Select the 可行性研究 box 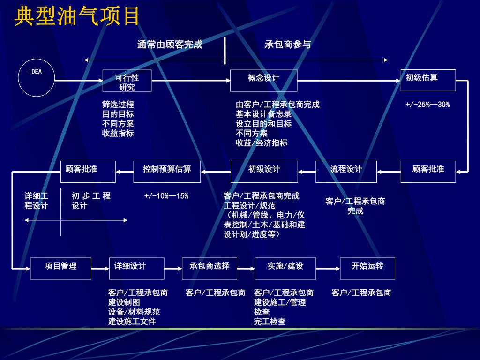point(127,81)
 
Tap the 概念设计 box point(263,81)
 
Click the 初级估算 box point(428,80)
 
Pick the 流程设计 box point(346,172)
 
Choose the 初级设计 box point(264,172)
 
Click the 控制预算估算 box point(167,172)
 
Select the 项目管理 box point(60,268)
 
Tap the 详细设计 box point(136,268)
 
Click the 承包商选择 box point(210,268)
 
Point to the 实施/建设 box point(285,268)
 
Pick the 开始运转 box point(367,268)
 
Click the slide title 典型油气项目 point(77,16)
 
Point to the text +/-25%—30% point(427,105)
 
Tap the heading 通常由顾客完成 point(170,45)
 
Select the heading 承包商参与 point(287,45)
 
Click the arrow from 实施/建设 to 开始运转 point(328,268)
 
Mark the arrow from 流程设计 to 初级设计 point(307,172)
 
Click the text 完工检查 point(270,322)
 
